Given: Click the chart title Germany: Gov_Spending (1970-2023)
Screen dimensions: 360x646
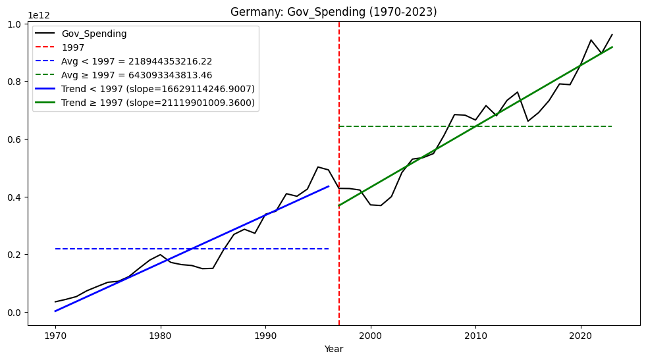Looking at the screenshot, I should [333, 12].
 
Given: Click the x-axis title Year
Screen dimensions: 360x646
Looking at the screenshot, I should [333, 349].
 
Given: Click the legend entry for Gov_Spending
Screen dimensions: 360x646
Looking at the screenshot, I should [94, 34].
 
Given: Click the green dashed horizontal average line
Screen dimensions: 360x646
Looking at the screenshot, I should [527, 126].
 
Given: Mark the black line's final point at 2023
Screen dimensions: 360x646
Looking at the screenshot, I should [612, 35].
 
